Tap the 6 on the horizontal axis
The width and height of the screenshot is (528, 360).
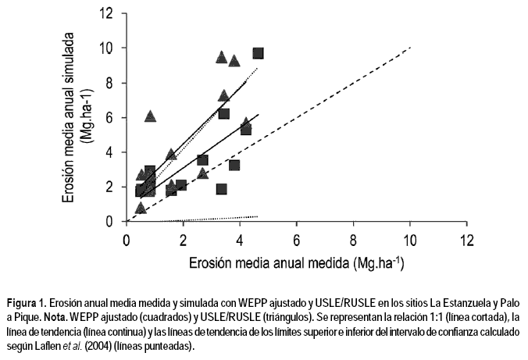click(x=297, y=239)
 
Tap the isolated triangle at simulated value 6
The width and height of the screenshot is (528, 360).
click(x=151, y=116)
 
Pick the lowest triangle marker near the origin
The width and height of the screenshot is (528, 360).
click(x=141, y=208)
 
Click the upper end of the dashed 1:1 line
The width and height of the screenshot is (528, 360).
click(x=409, y=48)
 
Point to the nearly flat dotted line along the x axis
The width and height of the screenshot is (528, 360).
click(x=219, y=217)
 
